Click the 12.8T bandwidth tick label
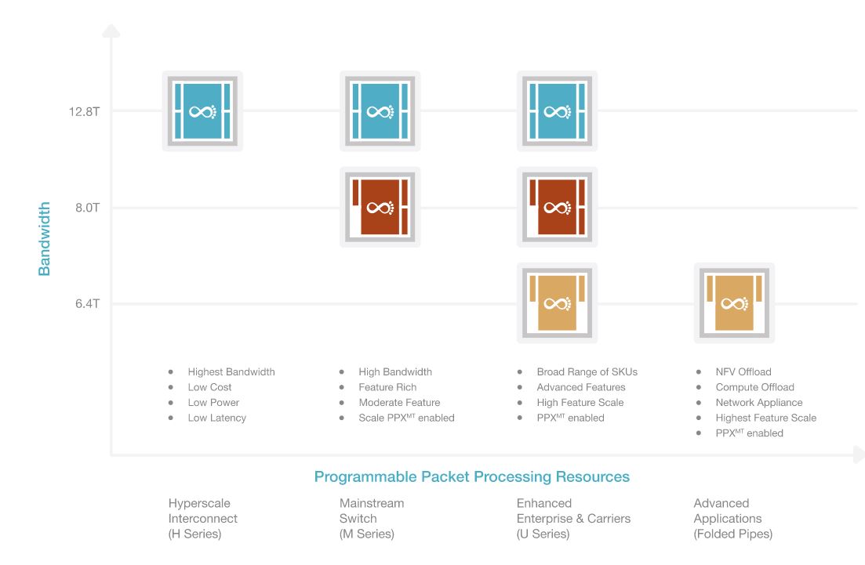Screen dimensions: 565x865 [x=84, y=111]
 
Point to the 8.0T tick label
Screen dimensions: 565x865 [x=86, y=208]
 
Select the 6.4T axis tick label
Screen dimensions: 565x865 [x=86, y=303]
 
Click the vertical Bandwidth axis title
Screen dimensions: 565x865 [x=45, y=238]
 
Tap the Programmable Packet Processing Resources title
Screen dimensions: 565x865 [x=471, y=476]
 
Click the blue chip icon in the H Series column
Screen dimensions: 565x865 [x=202, y=111]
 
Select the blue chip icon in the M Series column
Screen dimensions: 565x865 [x=380, y=111]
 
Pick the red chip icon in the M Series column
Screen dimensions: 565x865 [x=380, y=207]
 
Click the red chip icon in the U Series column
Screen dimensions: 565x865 [x=557, y=207]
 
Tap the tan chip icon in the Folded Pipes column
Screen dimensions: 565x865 [x=734, y=302]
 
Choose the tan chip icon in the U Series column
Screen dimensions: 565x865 [x=557, y=302]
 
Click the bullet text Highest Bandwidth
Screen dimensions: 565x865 [x=231, y=372]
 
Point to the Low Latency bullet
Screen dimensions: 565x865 [x=216, y=418]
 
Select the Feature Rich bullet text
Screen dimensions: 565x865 [x=387, y=387]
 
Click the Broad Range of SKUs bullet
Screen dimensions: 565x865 [x=587, y=372]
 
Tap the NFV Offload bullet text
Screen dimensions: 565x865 [x=743, y=372]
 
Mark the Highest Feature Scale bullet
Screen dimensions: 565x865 [x=765, y=418]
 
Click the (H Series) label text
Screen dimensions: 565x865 [x=194, y=534]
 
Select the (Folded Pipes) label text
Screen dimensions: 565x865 [x=732, y=534]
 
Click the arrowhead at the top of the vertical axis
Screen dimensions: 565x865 [x=111, y=31]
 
